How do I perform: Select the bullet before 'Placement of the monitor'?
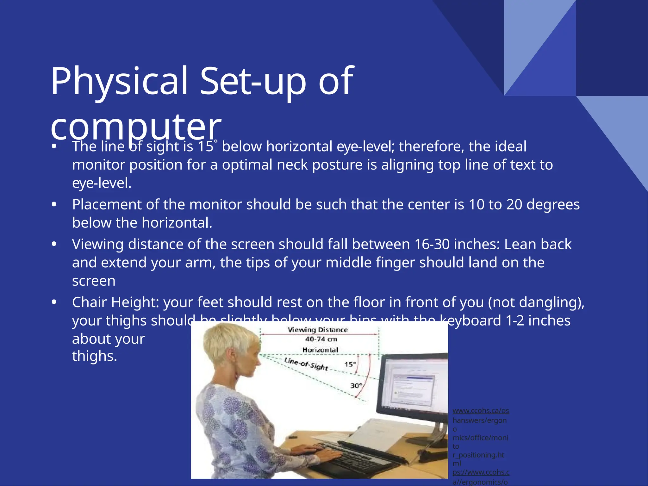point(54,205)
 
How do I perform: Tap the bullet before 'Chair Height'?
point(54,302)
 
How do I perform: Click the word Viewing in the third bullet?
point(97,244)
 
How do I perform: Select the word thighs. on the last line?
point(95,356)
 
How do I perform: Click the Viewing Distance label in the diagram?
point(318,330)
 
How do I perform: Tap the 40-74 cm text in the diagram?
point(321,339)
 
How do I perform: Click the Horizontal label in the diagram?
point(320,350)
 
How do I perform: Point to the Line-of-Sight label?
point(306,364)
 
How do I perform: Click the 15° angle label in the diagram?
point(350,364)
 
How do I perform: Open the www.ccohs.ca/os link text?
point(481,411)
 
